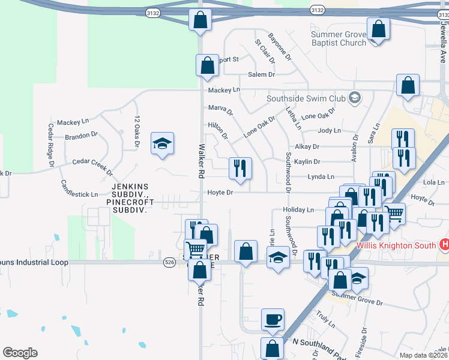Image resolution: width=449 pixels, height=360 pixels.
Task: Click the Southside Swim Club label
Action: (306, 98)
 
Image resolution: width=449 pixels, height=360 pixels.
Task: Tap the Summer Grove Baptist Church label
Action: (338, 38)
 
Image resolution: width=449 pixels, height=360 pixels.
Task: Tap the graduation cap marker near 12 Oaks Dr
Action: (162, 143)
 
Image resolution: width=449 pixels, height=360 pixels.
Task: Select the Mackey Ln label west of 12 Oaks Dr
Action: (73, 122)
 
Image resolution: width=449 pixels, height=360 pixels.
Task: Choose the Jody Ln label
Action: (329, 130)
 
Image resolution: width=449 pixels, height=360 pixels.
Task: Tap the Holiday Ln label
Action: (298, 210)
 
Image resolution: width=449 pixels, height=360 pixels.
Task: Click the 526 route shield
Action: (170, 262)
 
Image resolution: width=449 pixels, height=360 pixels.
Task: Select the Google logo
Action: (20, 353)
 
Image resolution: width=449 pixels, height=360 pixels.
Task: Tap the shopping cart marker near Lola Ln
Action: (394, 213)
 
